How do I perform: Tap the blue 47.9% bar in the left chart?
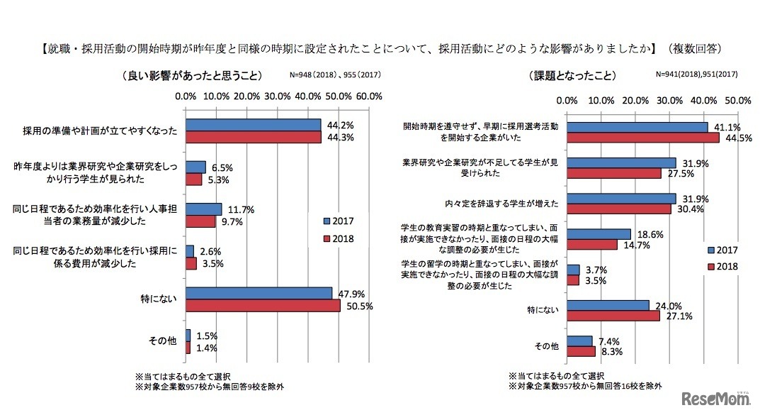pyautogui.click(x=259, y=293)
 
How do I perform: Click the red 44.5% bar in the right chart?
pyautogui.click(x=643, y=138)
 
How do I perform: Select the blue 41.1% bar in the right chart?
pyautogui.click(x=637, y=126)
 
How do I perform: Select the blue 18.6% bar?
pyautogui.click(x=599, y=233)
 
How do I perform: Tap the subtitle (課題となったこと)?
pyautogui.click(x=572, y=75)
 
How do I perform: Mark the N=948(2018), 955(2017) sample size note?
pyautogui.click(x=331, y=74)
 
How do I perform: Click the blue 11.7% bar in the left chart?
pyautogui.click(x=204, y=209)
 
